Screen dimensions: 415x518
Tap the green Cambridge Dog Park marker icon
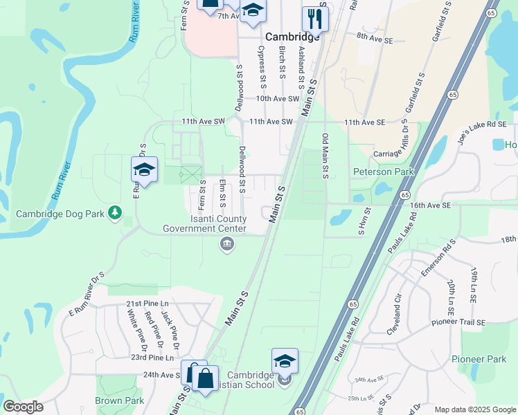pyautogui.click(x=115, y=214)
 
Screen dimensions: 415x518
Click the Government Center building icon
pyautogui.click(x=226, y=243)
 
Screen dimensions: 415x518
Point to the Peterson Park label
pyautogui.click(x=383, y=172)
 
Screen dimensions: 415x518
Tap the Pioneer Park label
pyautogui.click(x=479, y=359)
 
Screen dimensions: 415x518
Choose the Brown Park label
pyautogui.click(x=119, y=401)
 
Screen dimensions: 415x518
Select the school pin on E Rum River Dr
pyautogui.click(x=145, y=170)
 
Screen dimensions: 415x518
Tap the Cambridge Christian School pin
pyautogui.click(x=285, y=362)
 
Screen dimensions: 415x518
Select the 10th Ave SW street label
pyautogui.click(x=277, y=99)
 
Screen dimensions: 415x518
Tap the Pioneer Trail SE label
pyautogui.click(x=459, y=322)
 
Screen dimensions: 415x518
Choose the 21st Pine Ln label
pyautogui.click(x=148, y=304)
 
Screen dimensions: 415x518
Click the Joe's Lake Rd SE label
pyautogui.click(x=482, y=124)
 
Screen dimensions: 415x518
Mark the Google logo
pyautogui.click(x=24, y=406)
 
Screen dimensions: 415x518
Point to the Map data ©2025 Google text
pyautogui.click(x=474, y=409)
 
